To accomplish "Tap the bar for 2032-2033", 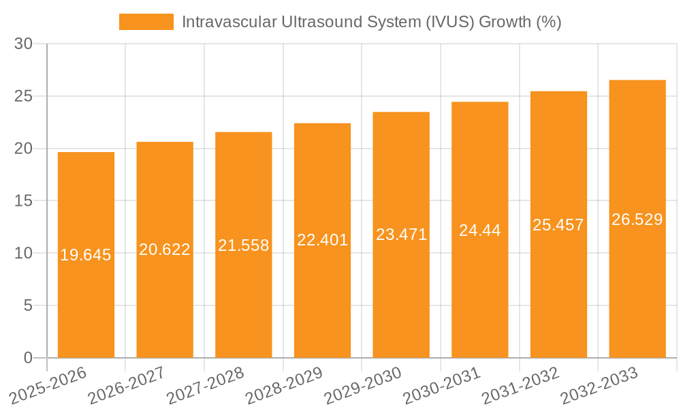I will point(637,286).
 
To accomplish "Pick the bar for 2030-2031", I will point(479,286).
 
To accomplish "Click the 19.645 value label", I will point(86,255).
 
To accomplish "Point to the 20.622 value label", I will point(165,249).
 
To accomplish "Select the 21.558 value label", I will point(244,245).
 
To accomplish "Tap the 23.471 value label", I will point(401,234).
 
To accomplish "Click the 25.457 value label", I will point(558,224).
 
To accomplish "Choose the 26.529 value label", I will point(637,219).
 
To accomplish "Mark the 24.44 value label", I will point(479,230).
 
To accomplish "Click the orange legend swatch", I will point(146,22).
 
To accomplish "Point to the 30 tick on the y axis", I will point(24,44).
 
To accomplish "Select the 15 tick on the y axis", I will point(24,201).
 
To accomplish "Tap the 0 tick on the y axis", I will point(28,358).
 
